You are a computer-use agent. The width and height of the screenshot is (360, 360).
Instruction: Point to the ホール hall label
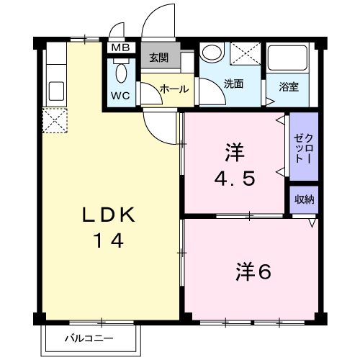[x=174, y=89]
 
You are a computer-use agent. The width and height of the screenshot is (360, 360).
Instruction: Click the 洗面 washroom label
[x=233, y=84]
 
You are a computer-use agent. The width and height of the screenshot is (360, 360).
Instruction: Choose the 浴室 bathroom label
[x=290, y=84]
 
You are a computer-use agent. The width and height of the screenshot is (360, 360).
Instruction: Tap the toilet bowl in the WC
[x=121, y=72]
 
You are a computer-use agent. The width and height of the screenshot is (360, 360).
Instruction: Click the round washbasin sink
[x=211, y=54]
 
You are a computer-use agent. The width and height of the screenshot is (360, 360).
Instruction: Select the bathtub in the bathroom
[x=287, y=60]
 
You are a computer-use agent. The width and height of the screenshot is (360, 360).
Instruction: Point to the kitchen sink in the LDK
[x=55, y=91]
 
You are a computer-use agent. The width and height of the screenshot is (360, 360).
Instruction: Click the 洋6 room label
[x=251, y=271]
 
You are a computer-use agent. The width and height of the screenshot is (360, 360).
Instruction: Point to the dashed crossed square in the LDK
[x=55, y=120]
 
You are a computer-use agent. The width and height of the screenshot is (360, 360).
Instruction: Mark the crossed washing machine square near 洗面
[x=246, y=55]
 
